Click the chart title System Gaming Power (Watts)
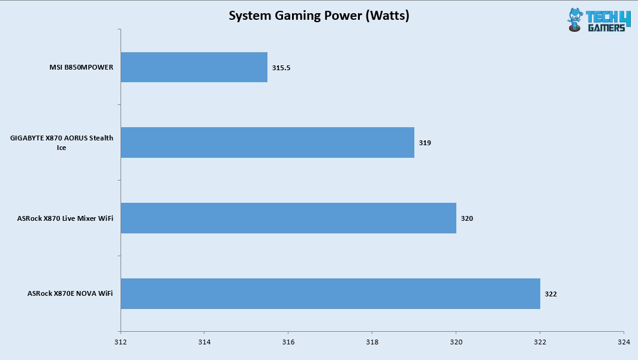pos(318,16)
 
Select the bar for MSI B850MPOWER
pos(194,67)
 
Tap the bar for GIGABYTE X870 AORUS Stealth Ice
pos(267,143)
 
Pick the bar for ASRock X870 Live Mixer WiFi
pos(288,218)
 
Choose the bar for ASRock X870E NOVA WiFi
pos(330,294)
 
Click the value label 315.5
pos(281,68)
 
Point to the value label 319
pos(425,143)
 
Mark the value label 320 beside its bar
pos(467,219)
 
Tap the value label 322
pos(551,295)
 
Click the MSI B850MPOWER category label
pos(81,68)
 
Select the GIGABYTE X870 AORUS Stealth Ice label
pos(62,143)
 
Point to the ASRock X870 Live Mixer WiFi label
pos(65,219)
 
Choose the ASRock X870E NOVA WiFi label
pos(70,294)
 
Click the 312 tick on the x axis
pos(121,342)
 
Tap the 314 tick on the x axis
pos(204,342)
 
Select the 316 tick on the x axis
pos(288,342)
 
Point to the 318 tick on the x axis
pos(372,342)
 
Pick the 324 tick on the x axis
pos(623,342)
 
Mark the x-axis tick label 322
pos(540,342)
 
